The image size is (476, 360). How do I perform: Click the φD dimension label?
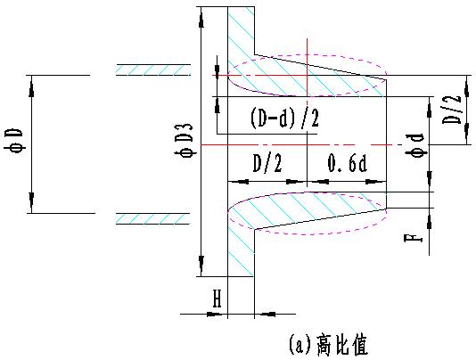13,141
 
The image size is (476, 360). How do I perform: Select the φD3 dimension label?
184,140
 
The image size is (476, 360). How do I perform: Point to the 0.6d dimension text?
348,163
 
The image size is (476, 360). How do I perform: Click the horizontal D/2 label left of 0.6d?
267,164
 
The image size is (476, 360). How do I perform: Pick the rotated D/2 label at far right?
451,110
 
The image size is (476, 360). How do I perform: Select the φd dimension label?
417,145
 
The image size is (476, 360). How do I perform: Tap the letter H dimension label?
217,299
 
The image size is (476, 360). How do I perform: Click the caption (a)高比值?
328,345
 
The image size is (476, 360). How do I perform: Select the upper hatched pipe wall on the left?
153,70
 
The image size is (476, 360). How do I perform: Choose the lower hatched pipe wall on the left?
152,219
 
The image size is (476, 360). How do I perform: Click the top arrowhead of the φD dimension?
31,86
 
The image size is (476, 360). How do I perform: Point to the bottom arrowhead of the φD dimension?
31,202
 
